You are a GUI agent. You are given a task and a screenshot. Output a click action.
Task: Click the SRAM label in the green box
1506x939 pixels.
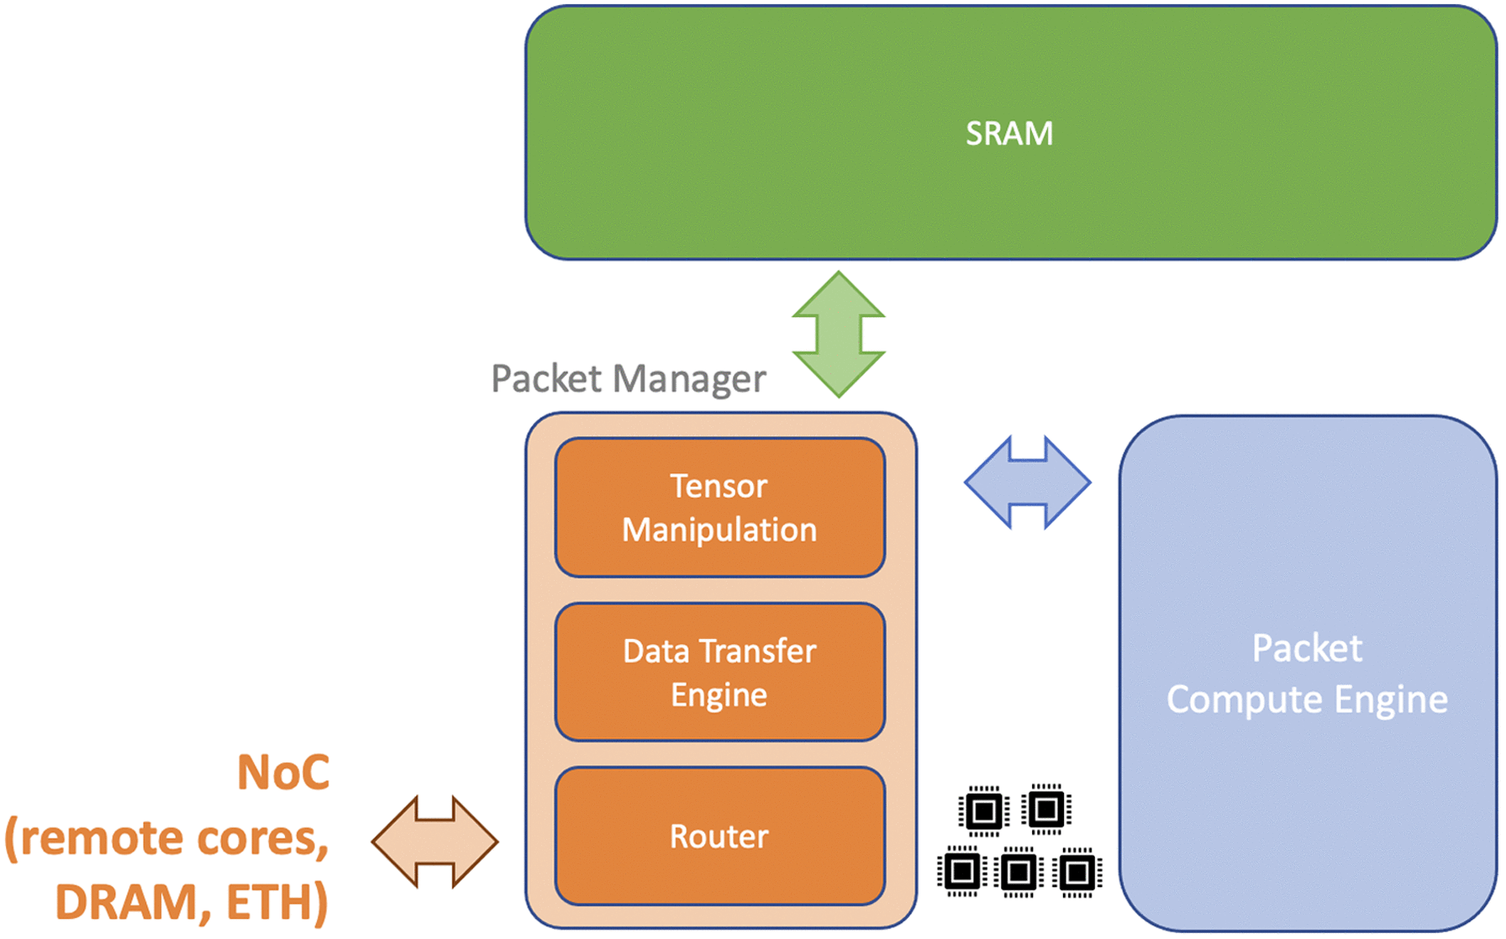point(1008,134)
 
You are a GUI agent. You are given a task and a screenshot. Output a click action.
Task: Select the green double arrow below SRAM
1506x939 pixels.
point(838,334)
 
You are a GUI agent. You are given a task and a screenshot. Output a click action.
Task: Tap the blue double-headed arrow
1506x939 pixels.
point(1027,483)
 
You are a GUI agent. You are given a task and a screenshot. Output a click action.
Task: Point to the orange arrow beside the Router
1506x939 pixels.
point(434,841)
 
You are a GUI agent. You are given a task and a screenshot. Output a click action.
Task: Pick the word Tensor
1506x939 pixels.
point(719,487)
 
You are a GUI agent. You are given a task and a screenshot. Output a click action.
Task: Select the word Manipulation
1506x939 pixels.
point(719,530)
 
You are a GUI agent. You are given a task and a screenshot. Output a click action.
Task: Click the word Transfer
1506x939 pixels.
point(757,651)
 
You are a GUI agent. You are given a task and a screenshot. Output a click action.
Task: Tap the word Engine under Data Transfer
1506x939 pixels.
point(719,695)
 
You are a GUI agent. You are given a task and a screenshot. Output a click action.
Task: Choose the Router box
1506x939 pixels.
point(719,836)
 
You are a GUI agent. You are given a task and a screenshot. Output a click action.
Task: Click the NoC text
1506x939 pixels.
point(283,772)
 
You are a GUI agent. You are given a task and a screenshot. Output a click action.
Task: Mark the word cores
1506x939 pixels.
point(261,838)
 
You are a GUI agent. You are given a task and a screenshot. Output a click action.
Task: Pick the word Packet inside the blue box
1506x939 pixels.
point(1307,648)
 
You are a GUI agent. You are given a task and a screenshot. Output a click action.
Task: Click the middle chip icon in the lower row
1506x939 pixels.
point(1019,873)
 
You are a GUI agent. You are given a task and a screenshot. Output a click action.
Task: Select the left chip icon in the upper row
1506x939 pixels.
point(983,811)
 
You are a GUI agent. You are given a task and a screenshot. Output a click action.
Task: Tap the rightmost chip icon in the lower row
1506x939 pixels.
point(1077,873)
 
